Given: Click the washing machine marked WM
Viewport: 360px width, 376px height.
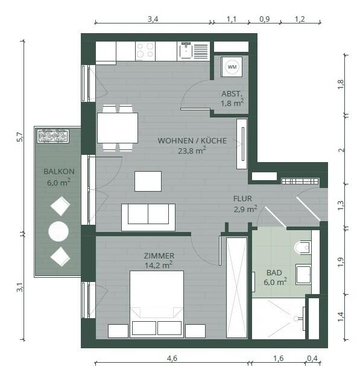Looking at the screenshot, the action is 232,67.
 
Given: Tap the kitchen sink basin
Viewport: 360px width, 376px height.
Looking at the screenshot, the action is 186,51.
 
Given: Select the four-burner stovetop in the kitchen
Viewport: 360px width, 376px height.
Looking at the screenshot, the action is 145,51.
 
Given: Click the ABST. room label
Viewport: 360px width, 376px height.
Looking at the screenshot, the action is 232,94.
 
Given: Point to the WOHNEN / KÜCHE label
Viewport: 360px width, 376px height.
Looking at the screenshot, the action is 192,140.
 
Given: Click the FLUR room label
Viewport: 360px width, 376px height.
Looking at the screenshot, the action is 242,199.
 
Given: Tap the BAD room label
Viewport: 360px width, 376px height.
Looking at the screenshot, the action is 274,272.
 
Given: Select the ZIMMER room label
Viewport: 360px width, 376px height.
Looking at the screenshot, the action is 159,255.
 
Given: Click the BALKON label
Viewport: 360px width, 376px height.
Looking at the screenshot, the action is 59,172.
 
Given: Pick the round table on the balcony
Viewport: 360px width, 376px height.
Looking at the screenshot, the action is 58,231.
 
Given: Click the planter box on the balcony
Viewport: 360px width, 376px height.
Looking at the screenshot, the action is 53,136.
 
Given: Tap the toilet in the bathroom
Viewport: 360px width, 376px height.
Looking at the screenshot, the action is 303,248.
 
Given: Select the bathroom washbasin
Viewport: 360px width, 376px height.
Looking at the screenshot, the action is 303,274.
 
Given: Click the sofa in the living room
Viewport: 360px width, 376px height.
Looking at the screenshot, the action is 148,218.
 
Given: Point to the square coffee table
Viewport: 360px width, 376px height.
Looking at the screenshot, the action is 148,181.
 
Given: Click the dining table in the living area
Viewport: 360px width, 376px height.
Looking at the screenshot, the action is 118,128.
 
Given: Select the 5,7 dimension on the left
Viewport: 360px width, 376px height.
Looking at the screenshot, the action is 20,137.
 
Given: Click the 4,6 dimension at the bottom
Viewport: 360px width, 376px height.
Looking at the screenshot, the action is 172,359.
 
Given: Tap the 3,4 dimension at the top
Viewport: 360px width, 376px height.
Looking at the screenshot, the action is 153,19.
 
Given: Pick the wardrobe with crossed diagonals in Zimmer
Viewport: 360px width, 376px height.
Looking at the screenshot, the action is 236,287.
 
